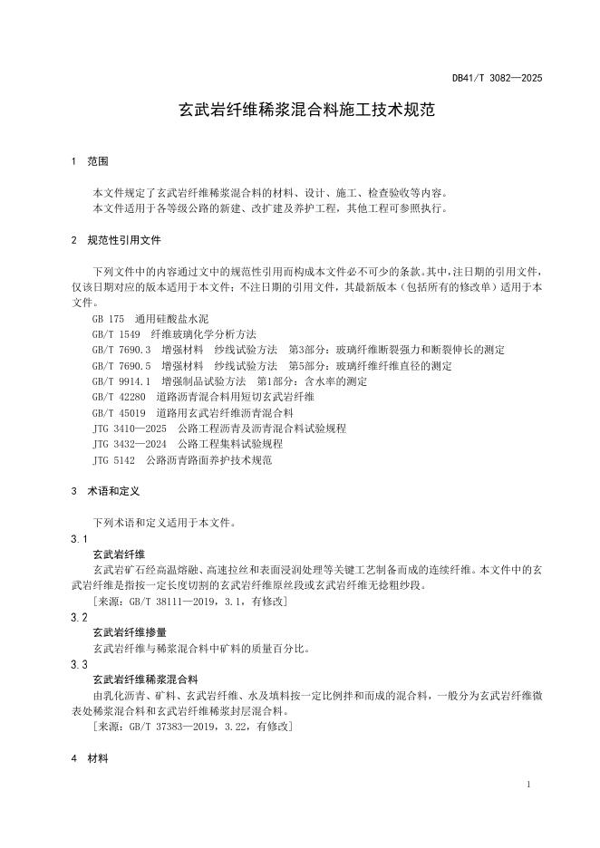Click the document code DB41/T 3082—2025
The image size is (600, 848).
[498, 79]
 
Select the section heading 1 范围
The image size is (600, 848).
[90, 161]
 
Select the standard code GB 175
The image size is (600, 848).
[108, 319]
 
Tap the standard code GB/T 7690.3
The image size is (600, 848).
[121, 350]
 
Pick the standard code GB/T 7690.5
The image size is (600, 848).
[121, 365]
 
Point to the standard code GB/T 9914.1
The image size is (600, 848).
[121, 381]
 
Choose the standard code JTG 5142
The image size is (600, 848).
[113, 460]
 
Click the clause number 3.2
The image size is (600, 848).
[79, 616]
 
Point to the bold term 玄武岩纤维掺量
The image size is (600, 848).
[130, 632]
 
